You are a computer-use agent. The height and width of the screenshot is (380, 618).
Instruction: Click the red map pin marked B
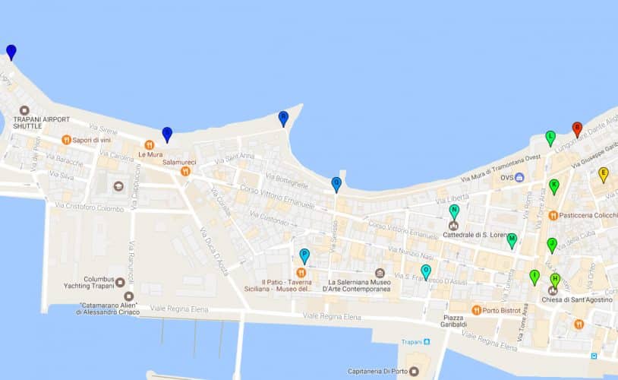coord(576,128)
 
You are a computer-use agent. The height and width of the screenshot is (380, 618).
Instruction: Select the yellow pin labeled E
coord(604,173)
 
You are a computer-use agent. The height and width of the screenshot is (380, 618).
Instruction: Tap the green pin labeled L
coord(550,137)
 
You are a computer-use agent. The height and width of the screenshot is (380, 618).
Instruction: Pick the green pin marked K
coord(554,185)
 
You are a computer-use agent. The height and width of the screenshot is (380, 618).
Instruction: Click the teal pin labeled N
coord(454,211)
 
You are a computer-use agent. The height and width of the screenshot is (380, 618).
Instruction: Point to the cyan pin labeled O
coord(426,271)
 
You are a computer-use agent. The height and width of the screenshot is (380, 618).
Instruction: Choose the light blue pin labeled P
coord(304,255)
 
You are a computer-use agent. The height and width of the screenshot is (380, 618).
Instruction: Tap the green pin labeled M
coord(512,240)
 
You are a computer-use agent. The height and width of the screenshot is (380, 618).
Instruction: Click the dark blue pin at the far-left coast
coord(11,51)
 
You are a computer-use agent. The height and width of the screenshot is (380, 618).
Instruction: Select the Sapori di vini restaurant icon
coord(66,140)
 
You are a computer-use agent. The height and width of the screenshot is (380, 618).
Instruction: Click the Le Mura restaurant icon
coord(150,144)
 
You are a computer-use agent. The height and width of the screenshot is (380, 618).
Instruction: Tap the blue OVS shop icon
coord(519,178)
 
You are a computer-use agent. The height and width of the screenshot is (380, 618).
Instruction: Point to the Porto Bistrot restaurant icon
coord(476,309)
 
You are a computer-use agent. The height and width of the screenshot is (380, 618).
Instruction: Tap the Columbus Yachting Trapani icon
coord(121,282)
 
